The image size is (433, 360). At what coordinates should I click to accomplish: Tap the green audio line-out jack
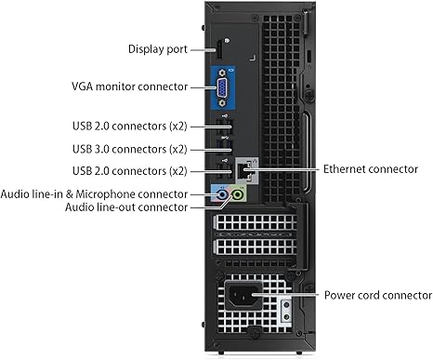point(240,195)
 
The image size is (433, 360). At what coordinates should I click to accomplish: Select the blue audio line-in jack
point(220,195)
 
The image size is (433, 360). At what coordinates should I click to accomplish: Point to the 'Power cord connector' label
point(377,295)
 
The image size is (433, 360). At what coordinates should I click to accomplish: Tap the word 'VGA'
point(83,87)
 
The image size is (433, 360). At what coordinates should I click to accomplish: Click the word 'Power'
point(339,295)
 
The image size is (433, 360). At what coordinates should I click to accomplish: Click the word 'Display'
point(143,47)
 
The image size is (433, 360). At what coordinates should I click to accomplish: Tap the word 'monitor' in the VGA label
point(118,87)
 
